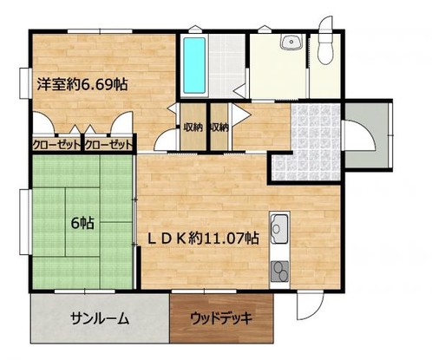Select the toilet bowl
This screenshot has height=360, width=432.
(x=325, y=47)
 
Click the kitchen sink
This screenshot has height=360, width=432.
(x=280, y=230)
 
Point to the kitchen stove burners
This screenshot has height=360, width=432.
(x=279, y=271)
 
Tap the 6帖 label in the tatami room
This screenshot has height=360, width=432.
(x=82, y=223)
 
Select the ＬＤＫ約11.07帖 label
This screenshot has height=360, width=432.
(x=205, y=236)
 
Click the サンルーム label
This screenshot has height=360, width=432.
(x=100, y=318)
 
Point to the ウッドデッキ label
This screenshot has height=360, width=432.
(x=221, y=317)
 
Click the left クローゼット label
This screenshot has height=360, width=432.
(x=55, y=145)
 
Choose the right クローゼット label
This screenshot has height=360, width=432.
(x=109, y=145)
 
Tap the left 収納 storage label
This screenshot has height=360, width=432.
(x=193, y=127)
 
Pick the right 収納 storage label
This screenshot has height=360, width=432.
(x=219, y=127)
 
